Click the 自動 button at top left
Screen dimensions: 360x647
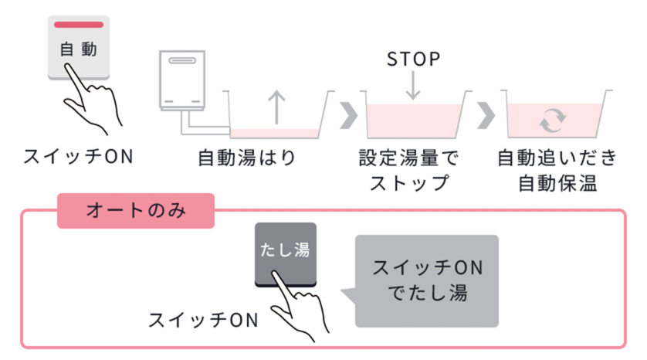[78, 48]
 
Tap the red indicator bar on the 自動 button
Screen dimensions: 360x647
[78, 25]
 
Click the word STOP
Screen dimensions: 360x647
[413, 59]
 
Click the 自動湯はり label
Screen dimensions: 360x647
[247, 158]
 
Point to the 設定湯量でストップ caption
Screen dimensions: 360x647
[408, 172]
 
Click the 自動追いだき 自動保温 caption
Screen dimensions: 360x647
[557, 172]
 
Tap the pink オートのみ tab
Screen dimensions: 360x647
[136, 210]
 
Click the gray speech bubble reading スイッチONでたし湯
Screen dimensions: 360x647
[427, 280]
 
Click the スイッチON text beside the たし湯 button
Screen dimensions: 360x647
[204, 319]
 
